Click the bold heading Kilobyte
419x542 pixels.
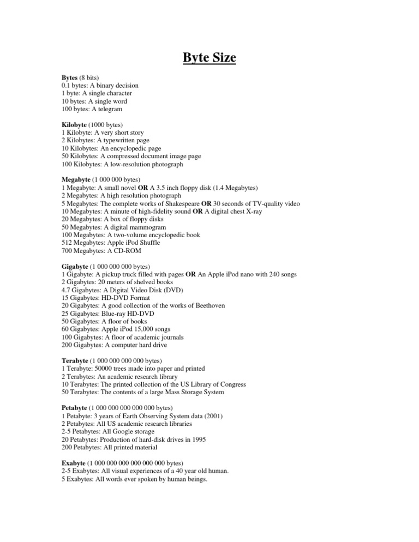coord(77,125)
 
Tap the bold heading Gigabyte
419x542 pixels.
coord(77,267)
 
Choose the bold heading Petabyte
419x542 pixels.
coord(76,408)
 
